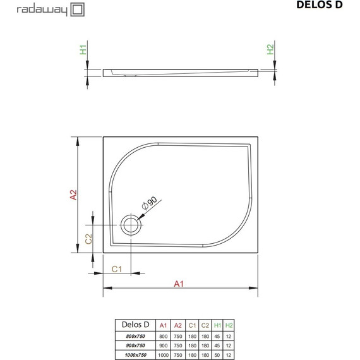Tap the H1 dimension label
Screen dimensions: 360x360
[x=83, y=49]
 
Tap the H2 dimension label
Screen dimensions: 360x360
[x=270, y=49]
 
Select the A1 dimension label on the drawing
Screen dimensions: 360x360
[x=179, y=284]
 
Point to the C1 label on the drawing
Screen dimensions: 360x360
[x=116, y=269]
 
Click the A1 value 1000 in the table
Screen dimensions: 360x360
[x=163, y=354]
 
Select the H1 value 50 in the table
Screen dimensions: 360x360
[x=217, y=354]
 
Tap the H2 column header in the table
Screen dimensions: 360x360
[x=229, y=325]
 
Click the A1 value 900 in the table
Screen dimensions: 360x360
[x=163, y=345]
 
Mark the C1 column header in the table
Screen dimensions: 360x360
[x=192, y=325]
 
